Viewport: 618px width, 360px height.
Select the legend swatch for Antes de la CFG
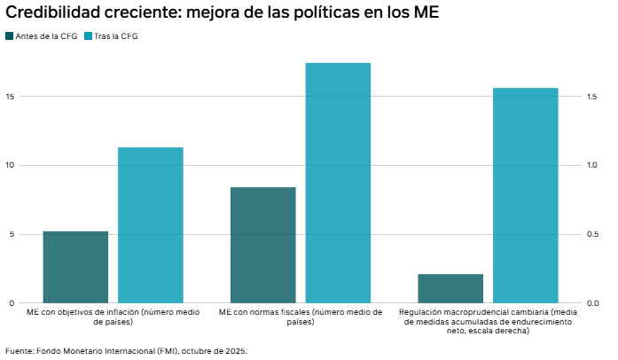(10, 36)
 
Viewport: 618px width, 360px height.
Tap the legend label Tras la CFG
(117, 36)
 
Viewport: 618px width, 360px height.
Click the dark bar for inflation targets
(75, 267)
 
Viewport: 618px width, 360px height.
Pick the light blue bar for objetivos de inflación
(151, 225)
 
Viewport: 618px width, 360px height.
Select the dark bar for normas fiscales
(262, 245)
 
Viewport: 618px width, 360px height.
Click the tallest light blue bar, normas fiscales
(338, 183)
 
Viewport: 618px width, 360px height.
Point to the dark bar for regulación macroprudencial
(450, 288)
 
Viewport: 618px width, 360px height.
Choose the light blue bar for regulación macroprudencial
(525, 195)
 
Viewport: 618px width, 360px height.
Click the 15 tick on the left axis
(10, 97)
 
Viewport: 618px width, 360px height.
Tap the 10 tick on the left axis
(10, 166)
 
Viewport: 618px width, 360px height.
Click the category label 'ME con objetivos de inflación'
(113, 317)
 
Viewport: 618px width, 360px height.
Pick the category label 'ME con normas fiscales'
(301, 317)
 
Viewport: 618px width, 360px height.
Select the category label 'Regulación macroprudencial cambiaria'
(488, 321)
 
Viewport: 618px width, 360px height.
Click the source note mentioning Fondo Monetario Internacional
(126, 350)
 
